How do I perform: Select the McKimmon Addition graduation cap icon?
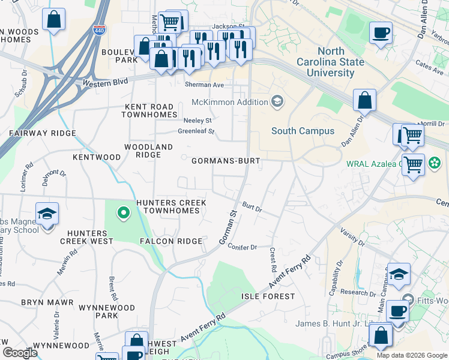[277, 101]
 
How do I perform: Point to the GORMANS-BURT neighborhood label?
[225, 161]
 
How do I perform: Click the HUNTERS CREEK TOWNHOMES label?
[171, 207]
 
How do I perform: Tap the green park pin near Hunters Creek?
[123, 212]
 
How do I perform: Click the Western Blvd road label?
[106, 82]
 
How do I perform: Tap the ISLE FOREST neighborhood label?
[268, 296]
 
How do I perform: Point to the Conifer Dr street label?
[243, 247]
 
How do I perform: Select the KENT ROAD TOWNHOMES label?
[151, 110]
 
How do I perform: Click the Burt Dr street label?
[252, 208]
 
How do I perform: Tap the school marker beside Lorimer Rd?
[46, 214]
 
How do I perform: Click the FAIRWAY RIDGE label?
[42, 133]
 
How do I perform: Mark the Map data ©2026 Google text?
[411, 355]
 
